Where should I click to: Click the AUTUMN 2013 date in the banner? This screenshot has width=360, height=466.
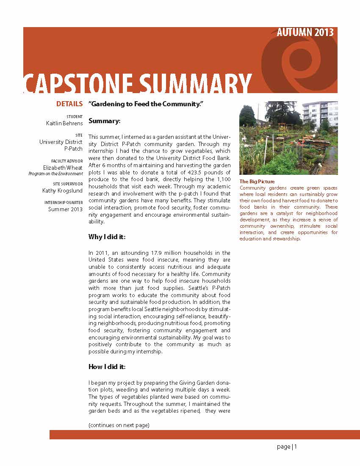(305, 33)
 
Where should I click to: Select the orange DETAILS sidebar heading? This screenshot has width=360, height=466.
(69, 104)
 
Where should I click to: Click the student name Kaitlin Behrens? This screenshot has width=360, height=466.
(64, 123)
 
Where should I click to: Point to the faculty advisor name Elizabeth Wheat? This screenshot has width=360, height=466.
(66, 168)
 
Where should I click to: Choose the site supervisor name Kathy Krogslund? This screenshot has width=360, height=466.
(63, 191)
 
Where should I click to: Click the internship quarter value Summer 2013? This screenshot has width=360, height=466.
(65, 209)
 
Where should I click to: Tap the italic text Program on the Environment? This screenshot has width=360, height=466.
(55, 174)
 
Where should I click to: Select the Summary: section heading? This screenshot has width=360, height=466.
(105, 121)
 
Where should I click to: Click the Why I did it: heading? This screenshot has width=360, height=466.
(107, 236)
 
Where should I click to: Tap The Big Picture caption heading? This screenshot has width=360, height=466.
(257, 182)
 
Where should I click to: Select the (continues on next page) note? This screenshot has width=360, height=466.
(119, 425)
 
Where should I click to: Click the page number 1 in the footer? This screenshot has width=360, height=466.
(296, 447)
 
